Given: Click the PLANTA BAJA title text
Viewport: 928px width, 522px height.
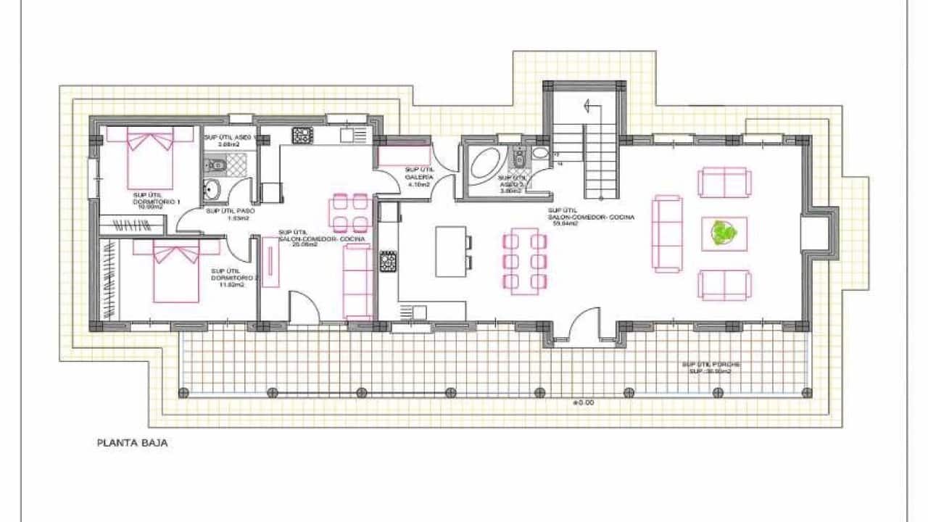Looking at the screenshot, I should (133, 442).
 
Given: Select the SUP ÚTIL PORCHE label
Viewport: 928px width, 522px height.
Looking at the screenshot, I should (710, 368).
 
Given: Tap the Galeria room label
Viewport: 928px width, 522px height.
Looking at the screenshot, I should (419, 177).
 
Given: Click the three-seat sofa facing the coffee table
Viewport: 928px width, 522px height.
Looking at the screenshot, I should (667, 233).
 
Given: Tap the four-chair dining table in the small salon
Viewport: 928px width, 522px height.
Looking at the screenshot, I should (349, 212).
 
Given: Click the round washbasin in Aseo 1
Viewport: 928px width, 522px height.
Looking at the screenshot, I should (211, 191).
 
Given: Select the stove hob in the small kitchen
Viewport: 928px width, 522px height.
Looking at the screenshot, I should (302, 135).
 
